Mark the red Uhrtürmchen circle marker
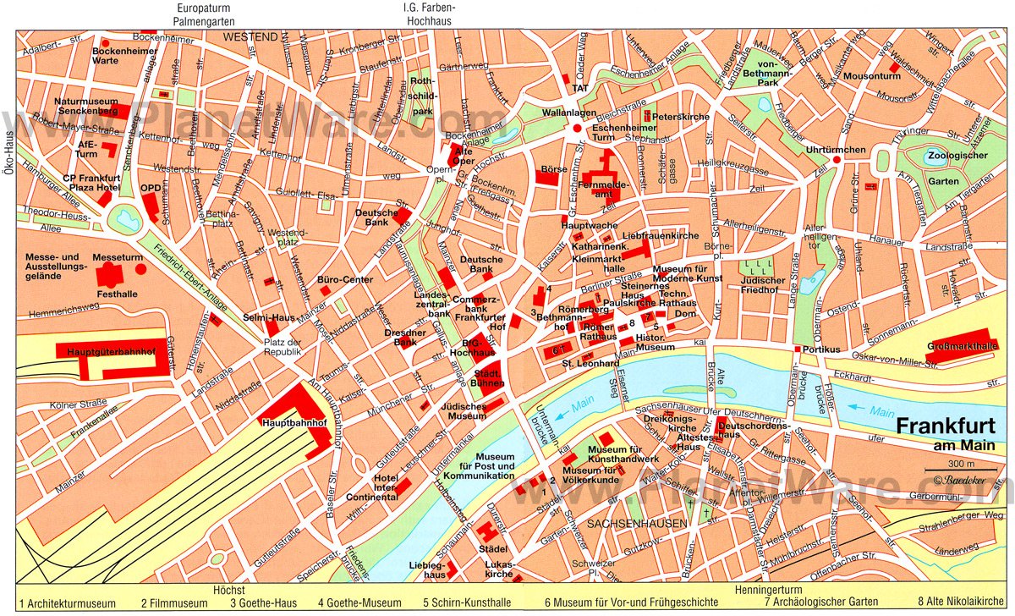[837, 159]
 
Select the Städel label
[492, 548]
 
